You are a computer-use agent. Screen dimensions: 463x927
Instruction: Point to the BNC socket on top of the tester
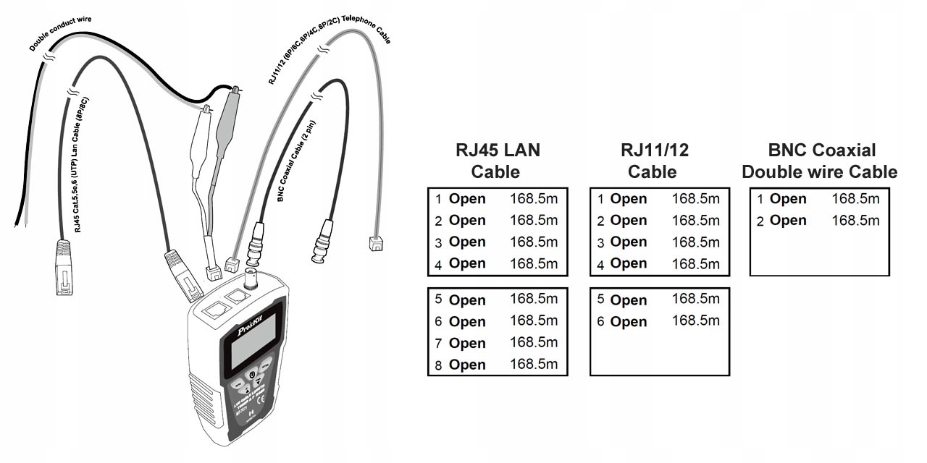(253, 279)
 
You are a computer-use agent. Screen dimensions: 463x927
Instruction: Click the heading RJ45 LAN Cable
(497, 161)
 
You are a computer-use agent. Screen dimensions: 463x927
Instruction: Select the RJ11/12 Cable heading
(654, 161)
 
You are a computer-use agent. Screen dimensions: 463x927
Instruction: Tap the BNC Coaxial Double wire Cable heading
(820, 161)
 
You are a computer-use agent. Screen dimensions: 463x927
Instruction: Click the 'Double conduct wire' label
(65, 33)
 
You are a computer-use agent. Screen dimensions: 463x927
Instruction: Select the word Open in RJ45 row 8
(467, 365)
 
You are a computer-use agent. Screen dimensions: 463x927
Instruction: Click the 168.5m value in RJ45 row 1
(534, 199)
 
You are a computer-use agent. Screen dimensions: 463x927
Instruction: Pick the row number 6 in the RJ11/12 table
(600, 322)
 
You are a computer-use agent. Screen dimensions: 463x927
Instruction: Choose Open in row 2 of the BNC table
(788, 221)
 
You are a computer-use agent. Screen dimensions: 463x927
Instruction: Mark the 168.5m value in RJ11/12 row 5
(695, 299)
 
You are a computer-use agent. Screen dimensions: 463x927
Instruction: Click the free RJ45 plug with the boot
(64, 268)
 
